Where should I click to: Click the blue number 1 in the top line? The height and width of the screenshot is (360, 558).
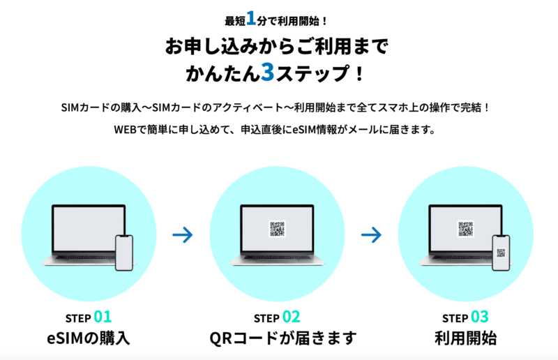tap(251, 19)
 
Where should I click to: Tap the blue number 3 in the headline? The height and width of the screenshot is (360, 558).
tap(268, 73)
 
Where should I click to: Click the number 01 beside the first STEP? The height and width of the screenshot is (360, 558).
tap(103, 317)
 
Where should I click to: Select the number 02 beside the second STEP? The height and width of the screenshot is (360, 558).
tap(291, 317)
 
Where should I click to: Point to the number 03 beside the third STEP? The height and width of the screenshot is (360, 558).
tap(480, 317)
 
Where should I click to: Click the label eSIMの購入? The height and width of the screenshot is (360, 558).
tap(89, 338)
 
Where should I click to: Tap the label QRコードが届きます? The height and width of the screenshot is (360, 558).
tap(283, 338)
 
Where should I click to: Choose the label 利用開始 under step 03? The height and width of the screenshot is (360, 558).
tap(465, 338)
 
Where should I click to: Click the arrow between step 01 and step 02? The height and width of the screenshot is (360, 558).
tap(183, 235)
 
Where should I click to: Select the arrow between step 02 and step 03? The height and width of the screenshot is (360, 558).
tap(371, 235)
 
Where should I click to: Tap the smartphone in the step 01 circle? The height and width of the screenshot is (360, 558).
tap(124, 253)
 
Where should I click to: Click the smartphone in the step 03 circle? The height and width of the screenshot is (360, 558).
tap(501, 253)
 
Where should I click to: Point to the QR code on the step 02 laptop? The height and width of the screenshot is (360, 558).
tap(277, 229)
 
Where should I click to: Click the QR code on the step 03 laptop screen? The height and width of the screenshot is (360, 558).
tap(465, 229)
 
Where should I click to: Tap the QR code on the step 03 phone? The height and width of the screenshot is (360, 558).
tap(501, 253)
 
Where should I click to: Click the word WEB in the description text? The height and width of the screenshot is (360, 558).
tap(126, 130)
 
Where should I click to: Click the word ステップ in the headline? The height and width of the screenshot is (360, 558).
tap(312, 73)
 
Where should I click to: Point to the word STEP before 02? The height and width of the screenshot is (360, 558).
tap(266, 318)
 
